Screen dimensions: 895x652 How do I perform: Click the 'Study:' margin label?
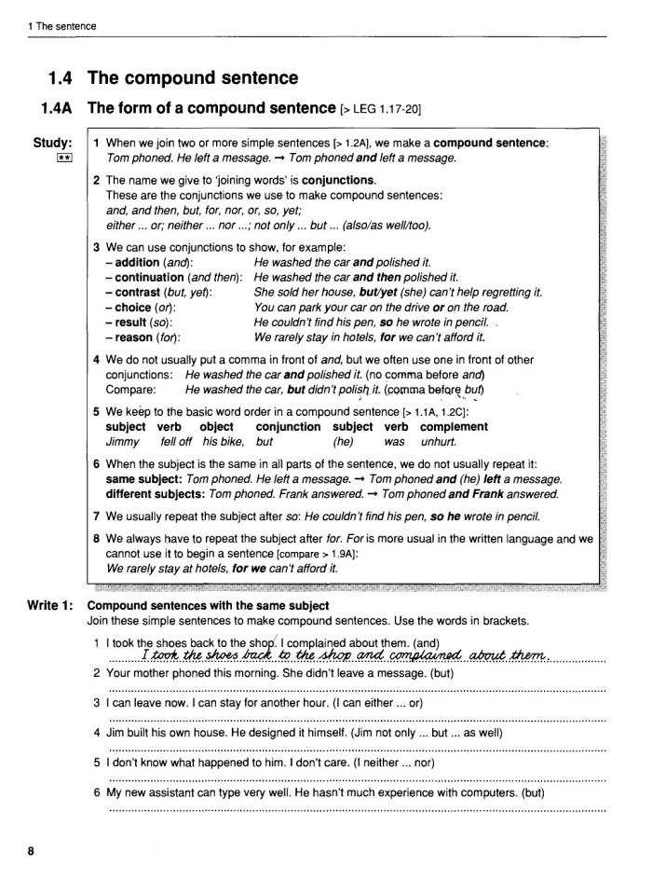(x=53, y=143)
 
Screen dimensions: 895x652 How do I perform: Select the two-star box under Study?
(x=63, y=158)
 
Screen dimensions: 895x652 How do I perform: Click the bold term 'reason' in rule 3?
(x=136, y=337)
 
